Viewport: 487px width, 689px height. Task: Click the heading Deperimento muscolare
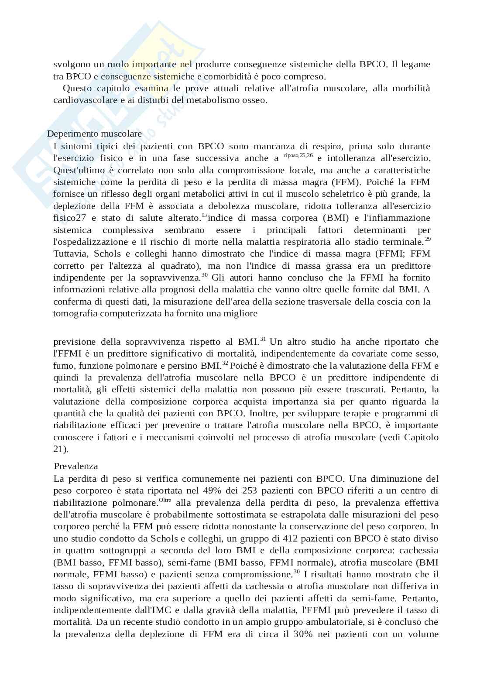point(94,134)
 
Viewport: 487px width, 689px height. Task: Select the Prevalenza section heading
point(76,466)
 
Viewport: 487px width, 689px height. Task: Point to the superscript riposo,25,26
point(298,155)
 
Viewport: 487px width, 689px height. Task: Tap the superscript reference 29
point(428,239)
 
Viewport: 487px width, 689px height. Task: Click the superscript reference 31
point(263,339)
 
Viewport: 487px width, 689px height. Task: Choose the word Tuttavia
point(69,254)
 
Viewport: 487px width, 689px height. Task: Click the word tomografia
point(75,313)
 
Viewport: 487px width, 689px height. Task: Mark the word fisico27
point(72,218)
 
